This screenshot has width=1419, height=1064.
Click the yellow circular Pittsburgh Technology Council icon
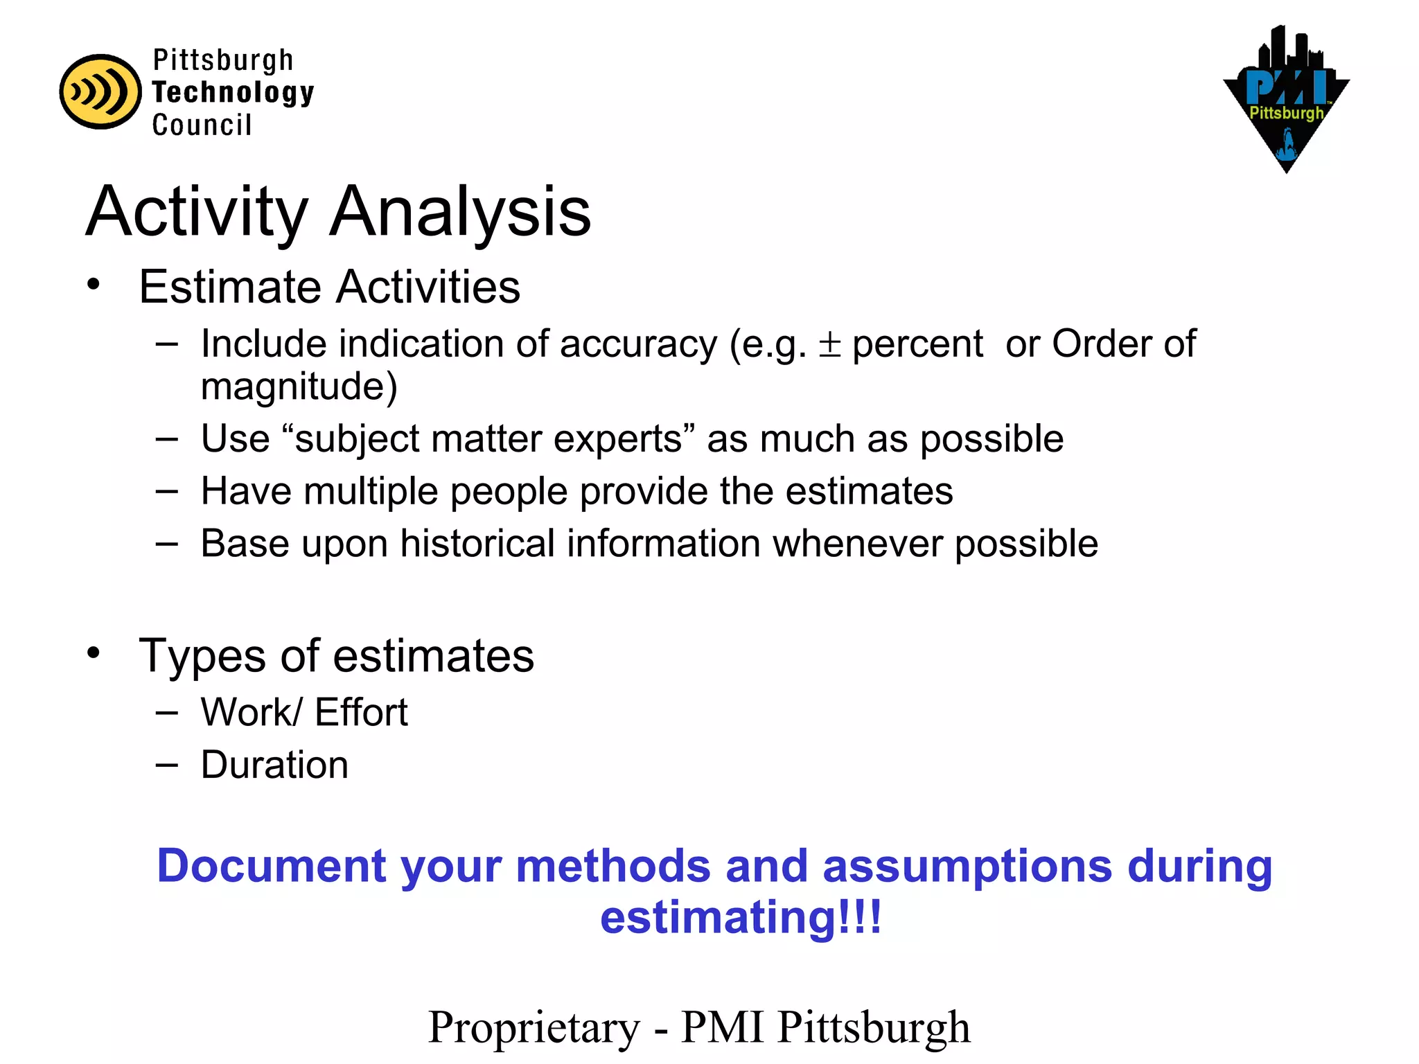[100, 91]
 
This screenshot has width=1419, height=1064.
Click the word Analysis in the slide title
[460, 211]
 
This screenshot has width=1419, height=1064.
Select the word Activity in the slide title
[197, 213]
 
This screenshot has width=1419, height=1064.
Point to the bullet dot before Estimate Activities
[94, 284]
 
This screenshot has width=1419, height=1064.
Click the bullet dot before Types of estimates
[94, 652]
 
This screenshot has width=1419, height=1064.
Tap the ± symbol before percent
[829, 344]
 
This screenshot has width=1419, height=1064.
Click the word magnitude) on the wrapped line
[299, 386]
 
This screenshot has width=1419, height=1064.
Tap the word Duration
[274, 765]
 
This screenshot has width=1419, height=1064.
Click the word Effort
[361, 712]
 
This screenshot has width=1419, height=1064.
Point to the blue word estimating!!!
[741, 917]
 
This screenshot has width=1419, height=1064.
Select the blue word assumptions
[967, 867]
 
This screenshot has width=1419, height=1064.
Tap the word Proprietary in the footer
[534, 1027]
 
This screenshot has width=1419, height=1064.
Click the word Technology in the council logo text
[233, 92]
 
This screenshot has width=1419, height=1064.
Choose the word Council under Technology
[202, 125]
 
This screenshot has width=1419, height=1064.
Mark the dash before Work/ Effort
[167, 712]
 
